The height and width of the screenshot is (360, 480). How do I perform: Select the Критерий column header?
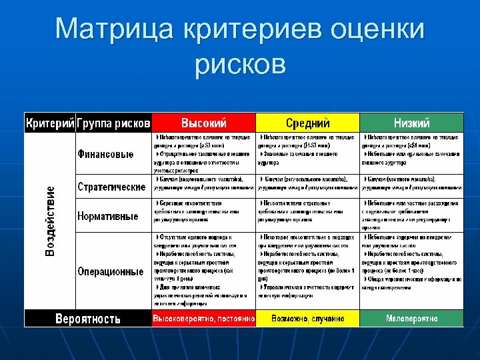pyautogui.click(x=50, y=123)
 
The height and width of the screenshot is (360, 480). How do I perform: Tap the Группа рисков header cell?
pyautogui.click(x=113, y=123)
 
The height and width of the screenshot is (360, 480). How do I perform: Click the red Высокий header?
pyautogui.click(x=204, y=123)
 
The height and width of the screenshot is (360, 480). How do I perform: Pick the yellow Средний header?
pyautogui.click(x=308, y=123)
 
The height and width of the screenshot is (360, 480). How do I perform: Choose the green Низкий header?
pyautogui.click(x=411, y=123)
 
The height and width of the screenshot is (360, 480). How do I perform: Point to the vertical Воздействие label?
pyautogui.click(x=51, y=221)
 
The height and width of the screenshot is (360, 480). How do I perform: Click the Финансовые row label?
pyautogui.click(x=105, y=153)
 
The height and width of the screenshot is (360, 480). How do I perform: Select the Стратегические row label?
pyautogui.click(x=111, y=186)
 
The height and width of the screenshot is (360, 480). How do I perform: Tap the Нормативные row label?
pyautogui.click(x=108, y=215)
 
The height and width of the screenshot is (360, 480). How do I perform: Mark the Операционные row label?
pyautogui.click(x=111, y=271)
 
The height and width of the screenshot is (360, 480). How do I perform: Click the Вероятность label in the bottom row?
pyautogui.click(x=88, y=318)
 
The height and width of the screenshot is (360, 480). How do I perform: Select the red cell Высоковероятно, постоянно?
pyautogui.click(x=204, y=319)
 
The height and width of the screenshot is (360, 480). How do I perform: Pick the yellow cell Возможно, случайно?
pyautogui.click(x=308, y=319)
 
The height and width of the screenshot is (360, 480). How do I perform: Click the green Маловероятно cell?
pyautogui.click(x=411, y=319)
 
